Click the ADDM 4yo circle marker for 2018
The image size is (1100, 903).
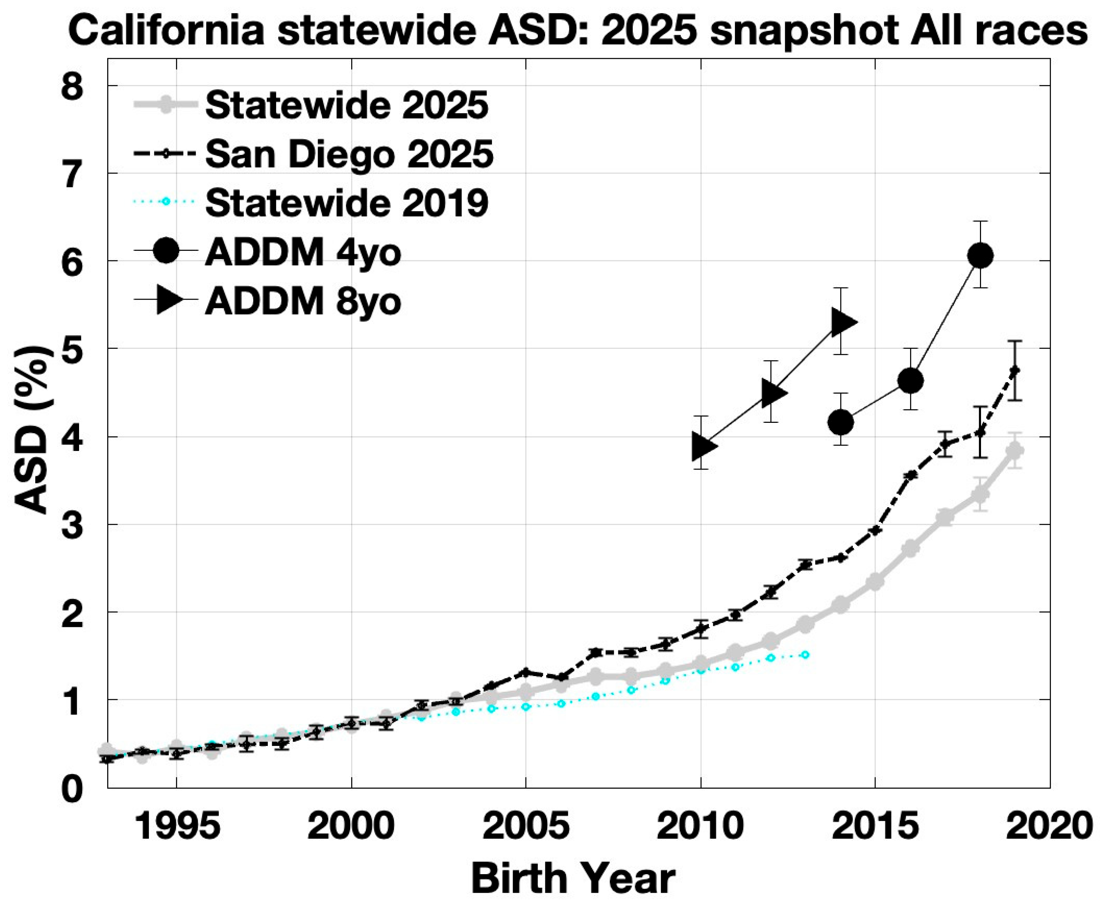[980, 255]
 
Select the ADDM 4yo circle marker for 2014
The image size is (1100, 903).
[840, 422]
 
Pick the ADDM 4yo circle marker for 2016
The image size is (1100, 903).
[910, 381]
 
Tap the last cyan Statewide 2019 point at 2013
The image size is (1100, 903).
[805, 654]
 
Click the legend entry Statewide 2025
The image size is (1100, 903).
[347, 105]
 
